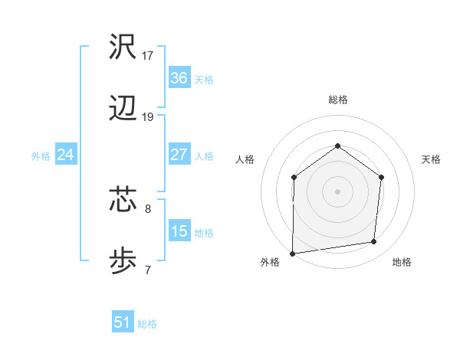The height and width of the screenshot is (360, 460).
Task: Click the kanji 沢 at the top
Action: (123, 47)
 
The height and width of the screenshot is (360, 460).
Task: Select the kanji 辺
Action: (123, 110)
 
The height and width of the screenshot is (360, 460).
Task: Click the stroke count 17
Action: (148, 56)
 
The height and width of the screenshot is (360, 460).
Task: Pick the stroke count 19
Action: (148, 117)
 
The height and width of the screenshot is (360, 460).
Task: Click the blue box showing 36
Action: (179, 78)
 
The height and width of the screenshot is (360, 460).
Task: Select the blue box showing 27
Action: (179, 155)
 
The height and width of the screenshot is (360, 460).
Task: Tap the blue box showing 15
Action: (179, 231)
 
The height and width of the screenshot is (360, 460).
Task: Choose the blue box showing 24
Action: (65, 155)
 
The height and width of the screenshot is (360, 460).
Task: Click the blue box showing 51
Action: (122, 322)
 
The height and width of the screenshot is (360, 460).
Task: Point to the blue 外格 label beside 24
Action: (41, 156)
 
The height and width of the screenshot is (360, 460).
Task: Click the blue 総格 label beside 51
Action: (147, 324)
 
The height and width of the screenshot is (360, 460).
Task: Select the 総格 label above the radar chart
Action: (337, 100)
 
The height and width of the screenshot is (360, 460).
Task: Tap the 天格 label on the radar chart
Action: (431, 159)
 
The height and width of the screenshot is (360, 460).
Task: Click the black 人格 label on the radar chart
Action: (245, 159)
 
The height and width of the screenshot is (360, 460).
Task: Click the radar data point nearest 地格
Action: (374, 242)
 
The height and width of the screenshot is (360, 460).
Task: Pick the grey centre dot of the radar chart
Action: (337, 191)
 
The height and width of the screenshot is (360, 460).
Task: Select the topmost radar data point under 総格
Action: (337, 146)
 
